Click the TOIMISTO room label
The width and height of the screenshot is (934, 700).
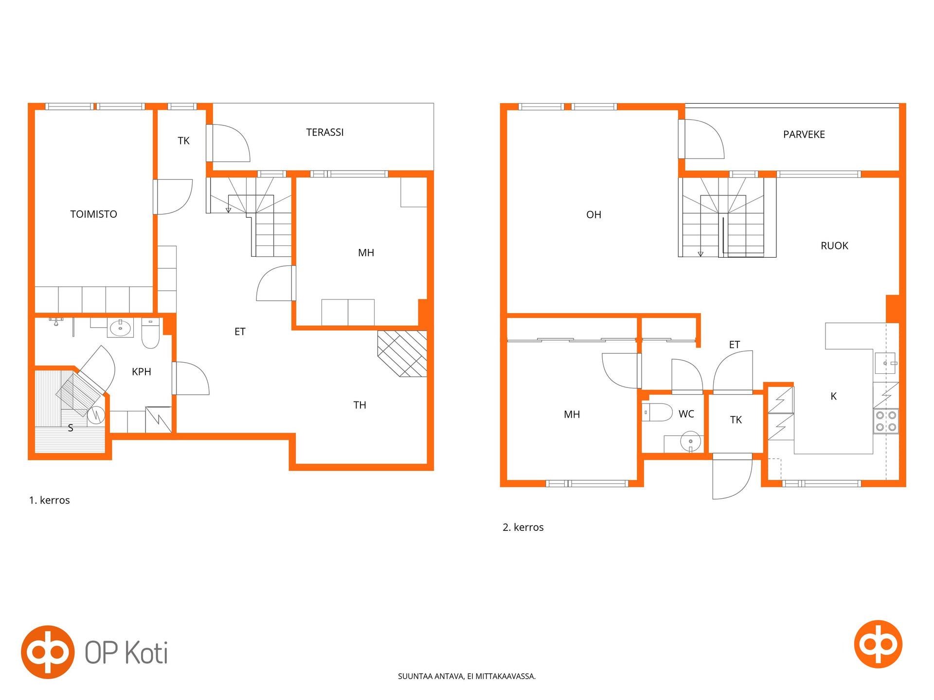[93, 214]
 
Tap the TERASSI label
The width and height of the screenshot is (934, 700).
[325, 132]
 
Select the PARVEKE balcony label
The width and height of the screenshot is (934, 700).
[804, 135]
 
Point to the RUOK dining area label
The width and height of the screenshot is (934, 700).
[834, 246]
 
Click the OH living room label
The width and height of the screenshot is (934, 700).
[593, 215]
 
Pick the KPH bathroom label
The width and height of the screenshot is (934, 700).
[142, 372]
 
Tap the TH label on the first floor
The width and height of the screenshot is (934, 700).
[359, 405]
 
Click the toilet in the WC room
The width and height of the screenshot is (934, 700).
[657, 412]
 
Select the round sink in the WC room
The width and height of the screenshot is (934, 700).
[690, 441]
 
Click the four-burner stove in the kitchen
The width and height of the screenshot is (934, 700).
[886, 421]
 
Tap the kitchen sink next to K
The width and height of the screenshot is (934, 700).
[886, 363]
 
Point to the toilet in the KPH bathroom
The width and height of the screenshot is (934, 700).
[150, 333]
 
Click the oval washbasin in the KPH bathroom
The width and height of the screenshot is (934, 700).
[120, 328]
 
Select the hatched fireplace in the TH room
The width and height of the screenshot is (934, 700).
[402, 354]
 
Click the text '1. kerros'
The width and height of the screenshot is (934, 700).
[50, 500]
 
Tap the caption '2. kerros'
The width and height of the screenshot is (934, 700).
[523, 527]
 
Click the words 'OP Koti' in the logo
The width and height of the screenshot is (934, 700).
[126, 652]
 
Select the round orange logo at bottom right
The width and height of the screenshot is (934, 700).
[878, 644]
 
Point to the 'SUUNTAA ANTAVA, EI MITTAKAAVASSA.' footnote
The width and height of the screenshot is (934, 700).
[467, 676]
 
